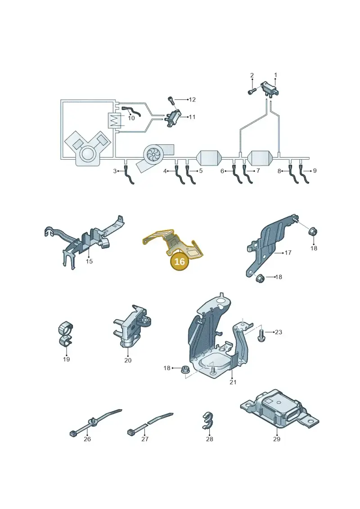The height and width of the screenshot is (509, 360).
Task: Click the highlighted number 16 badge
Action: (180, 261)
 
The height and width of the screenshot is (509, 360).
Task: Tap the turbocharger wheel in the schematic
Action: (153, 154)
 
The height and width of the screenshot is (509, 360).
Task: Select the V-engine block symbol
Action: (86, 149)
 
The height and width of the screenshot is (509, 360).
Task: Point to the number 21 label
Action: (233, 382)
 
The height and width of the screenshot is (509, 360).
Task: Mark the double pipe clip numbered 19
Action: (66, 335)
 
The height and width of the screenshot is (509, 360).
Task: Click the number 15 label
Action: (89, 261)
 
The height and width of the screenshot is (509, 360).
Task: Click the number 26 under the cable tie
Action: (87, 439)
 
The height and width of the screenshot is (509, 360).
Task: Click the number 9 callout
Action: (315, 171)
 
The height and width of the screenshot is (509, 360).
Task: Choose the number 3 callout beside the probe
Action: (115, 171)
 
